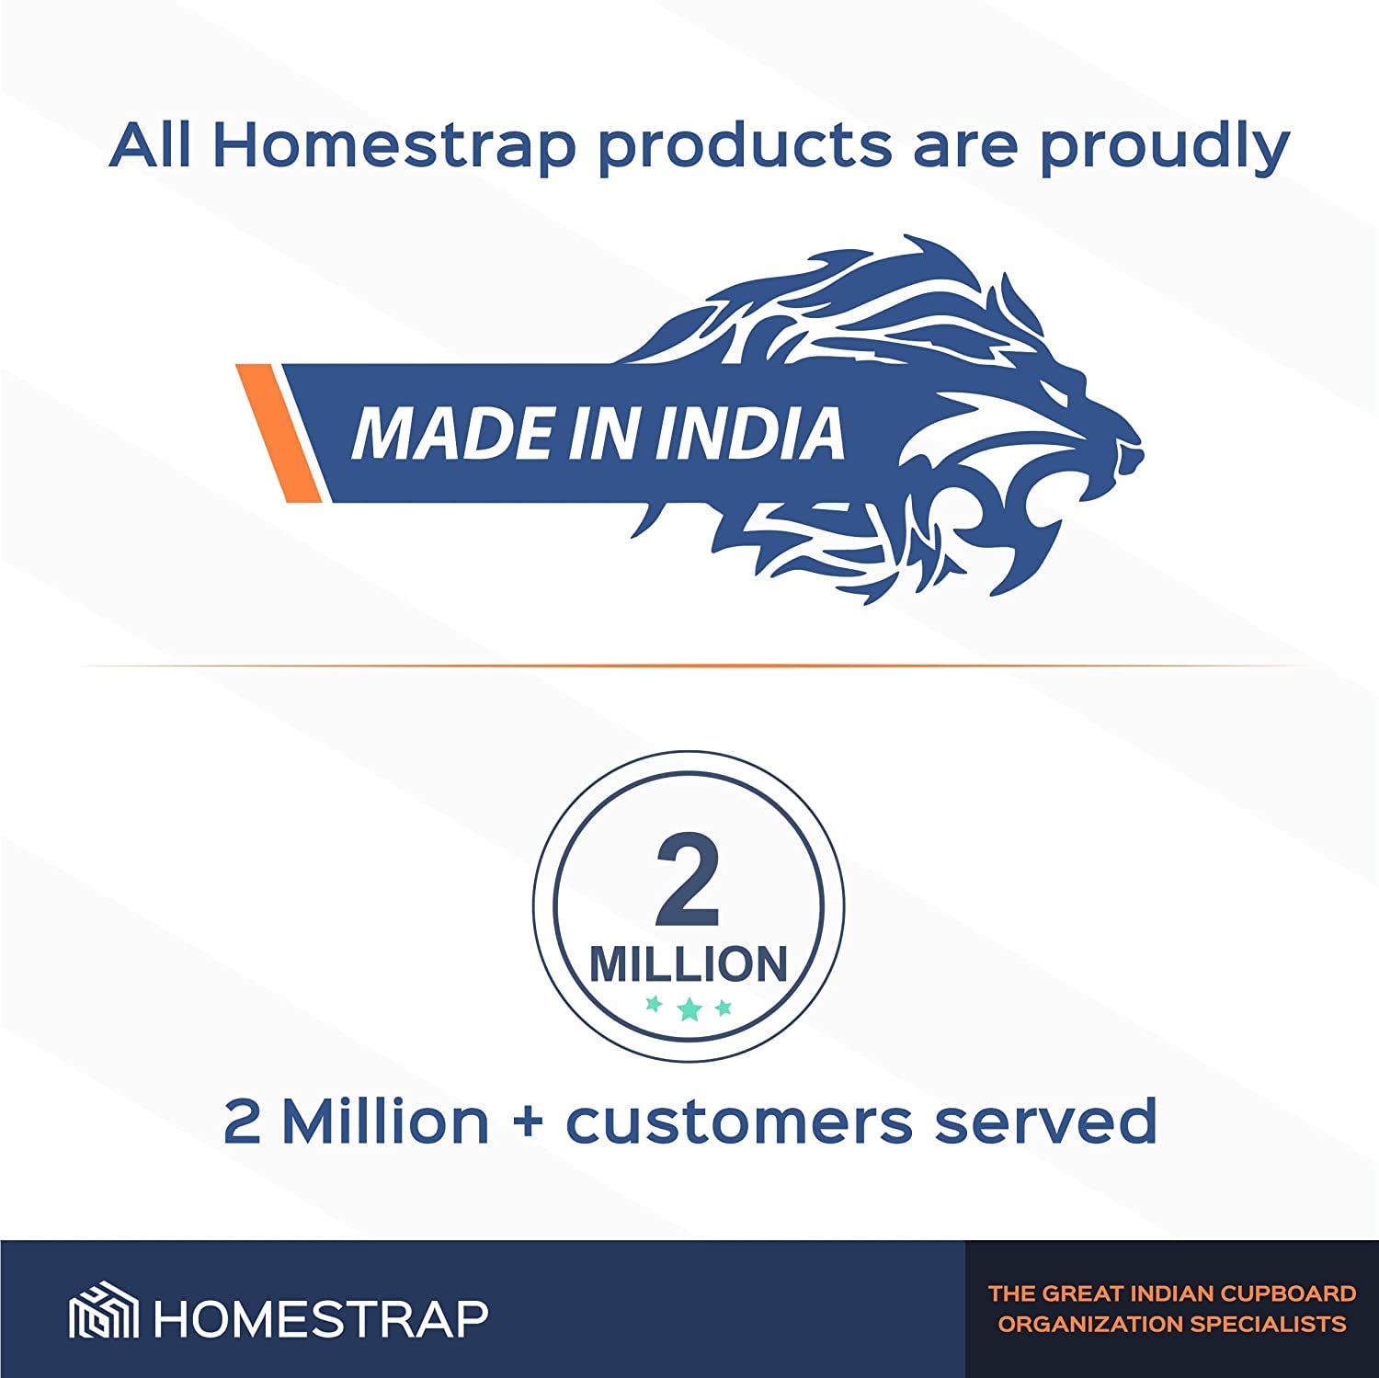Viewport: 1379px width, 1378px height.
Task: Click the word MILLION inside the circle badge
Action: coord(689,964)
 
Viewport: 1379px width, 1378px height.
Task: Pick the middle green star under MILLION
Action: coord(689,1010)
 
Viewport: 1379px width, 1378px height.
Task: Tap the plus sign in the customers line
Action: coord(528,1122)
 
